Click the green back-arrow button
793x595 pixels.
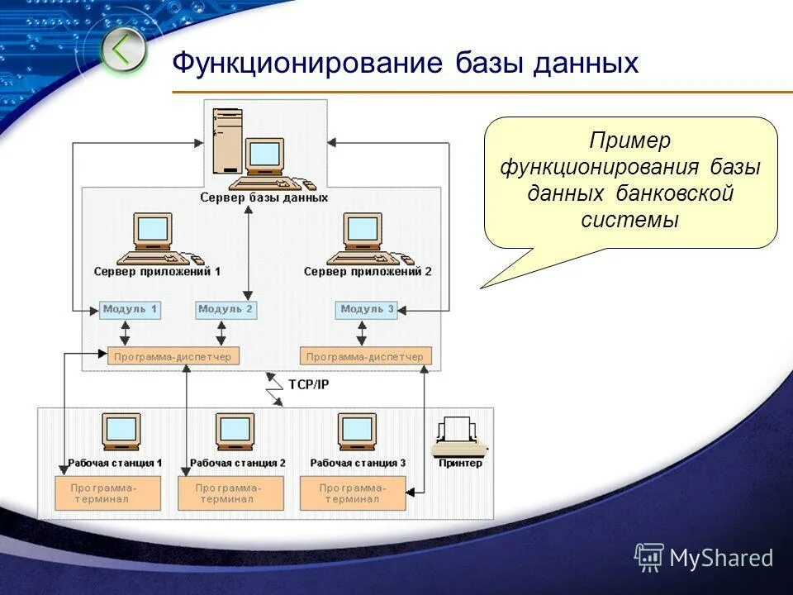coord(123,50)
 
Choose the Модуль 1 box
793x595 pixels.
coord(130,310)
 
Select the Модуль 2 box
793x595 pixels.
coord(226,310)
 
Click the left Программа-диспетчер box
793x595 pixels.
coord(173,357)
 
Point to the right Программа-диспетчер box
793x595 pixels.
coord(365,357)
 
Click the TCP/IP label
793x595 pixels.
coord(308,384)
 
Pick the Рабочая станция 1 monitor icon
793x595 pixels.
coord(121,432)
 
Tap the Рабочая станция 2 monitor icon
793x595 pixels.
coord(235,432)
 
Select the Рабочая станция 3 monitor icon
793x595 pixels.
coord(357,432)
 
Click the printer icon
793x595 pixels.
coord(457,438)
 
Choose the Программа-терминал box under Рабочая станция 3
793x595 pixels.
coord(353,493)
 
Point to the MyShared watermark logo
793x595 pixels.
coord(704,559)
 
